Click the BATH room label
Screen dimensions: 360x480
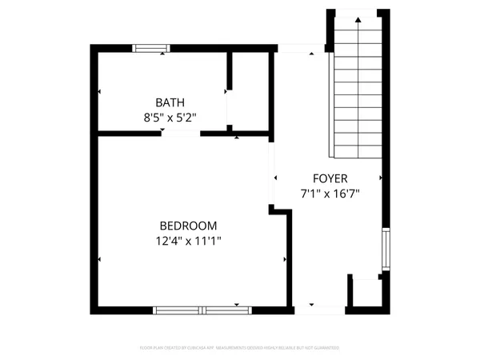[x=170, y=102]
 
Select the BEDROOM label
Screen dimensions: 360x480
[x=187, y=226]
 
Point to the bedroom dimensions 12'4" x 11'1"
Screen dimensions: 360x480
[x=188, y=241]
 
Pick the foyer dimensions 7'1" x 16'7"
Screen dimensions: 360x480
[x=330, y=193]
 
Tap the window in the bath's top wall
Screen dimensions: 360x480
[x=151, y=48]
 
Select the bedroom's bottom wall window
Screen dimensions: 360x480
[x=202, y=310]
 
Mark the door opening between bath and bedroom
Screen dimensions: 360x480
[x=180, y=133]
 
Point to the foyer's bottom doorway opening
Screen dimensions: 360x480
[x=318, y=309]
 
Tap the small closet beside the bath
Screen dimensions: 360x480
[x=249, y=90]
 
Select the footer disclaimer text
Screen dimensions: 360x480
[x=240, y=348]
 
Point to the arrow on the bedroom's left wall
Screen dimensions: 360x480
[x=100, y=259]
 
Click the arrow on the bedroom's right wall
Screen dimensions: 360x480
[x=284, y=259]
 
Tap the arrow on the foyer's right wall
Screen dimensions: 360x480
[x=380, y=178]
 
